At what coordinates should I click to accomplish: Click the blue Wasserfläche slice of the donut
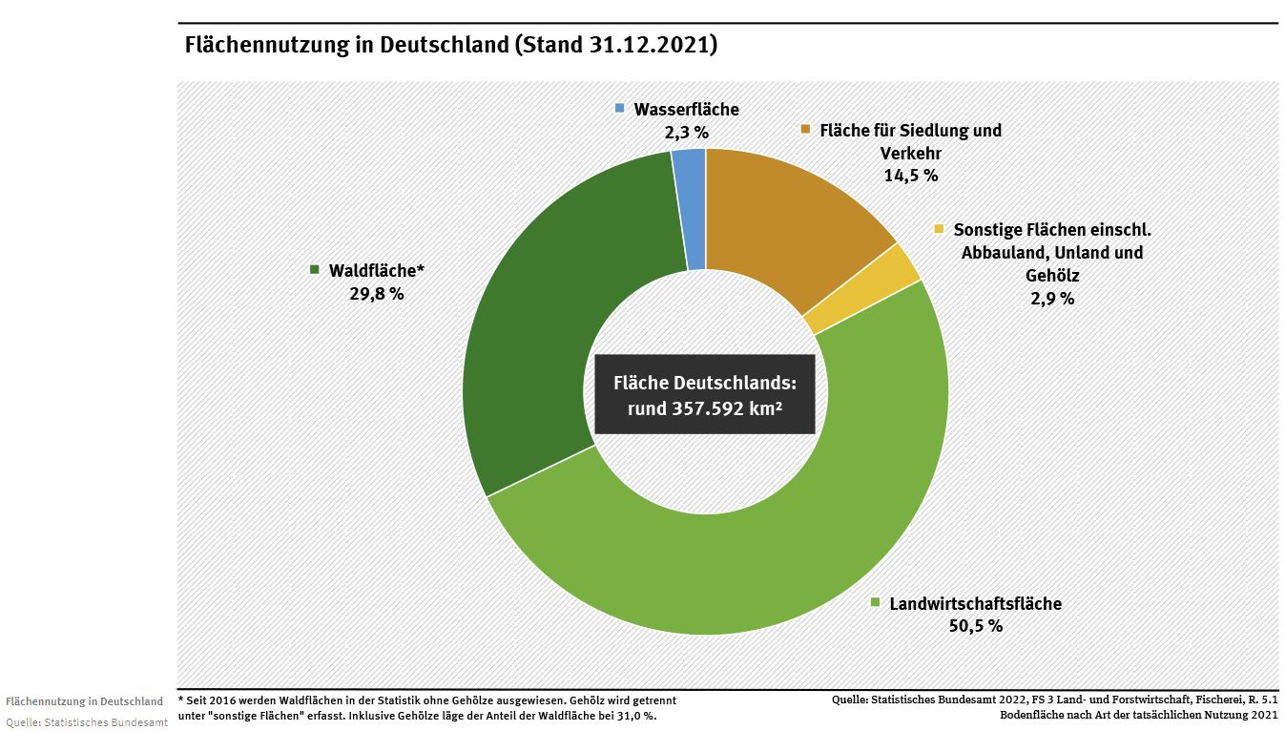[690, 209]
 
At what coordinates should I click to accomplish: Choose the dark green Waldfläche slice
[553, 315]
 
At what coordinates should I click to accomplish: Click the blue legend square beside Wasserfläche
[620, 110]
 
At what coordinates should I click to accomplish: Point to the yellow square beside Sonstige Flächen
[939, 229]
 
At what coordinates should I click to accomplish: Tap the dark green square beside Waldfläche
[315, 270]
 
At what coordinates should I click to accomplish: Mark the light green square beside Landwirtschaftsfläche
[875, 603]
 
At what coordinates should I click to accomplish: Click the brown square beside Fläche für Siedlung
[805, 130]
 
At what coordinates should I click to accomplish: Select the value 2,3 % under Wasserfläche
[687, 133]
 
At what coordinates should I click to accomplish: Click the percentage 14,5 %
[911, 175]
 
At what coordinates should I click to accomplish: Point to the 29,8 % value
[377, 293]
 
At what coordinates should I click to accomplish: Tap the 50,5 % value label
[975, 626]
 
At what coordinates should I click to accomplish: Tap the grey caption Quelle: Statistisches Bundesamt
[87, 721]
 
